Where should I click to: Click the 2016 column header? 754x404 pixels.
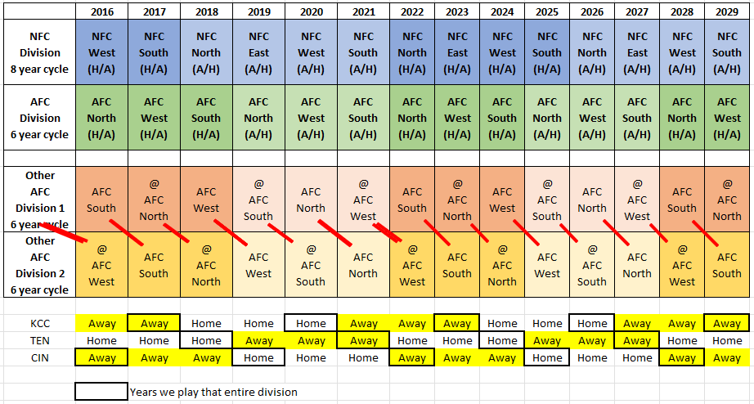(102, 11)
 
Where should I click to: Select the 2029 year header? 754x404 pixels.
(726, 11)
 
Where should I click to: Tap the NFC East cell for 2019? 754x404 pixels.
(258, 52)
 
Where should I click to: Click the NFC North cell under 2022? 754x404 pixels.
(412, 52)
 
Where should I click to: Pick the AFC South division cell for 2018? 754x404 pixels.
(206, 118)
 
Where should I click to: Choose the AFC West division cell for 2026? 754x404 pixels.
(592, 118)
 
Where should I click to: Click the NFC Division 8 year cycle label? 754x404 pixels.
(39, 52)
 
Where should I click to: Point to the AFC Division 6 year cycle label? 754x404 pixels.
(39, 118)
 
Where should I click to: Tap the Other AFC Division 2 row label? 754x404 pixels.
(39, 265)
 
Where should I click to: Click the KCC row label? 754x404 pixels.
(39, 324)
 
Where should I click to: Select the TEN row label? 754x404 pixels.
(39, 341)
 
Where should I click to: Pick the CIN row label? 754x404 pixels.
(39, 358)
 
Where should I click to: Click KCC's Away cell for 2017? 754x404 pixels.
(155, 324)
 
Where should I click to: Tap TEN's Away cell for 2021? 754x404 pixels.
(363, 341)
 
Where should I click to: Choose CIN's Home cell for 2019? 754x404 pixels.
(258, 358)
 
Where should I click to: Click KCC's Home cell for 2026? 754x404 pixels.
(592, 324)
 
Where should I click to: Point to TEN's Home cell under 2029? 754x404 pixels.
(726, 341)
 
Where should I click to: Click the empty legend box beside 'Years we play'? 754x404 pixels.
(101, 392)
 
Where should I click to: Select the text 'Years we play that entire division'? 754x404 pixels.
(213, 392)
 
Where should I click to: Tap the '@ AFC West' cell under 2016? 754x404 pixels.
(102, 265)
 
